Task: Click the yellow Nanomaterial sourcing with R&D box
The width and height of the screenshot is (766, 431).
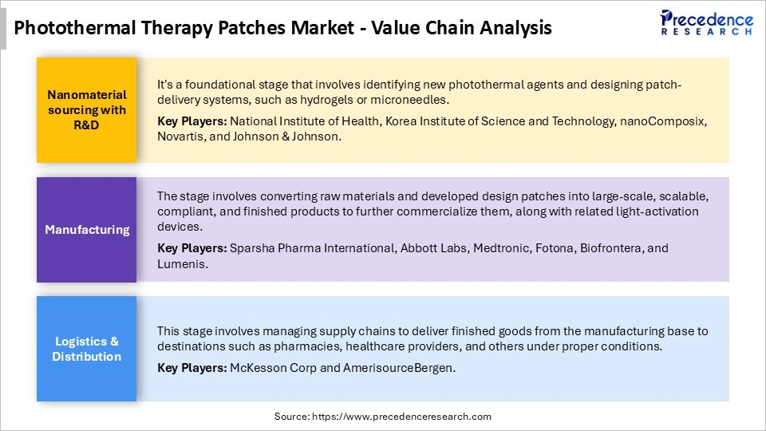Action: (x=86, y=110)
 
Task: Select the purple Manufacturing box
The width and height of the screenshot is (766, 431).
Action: (x=86, y=230)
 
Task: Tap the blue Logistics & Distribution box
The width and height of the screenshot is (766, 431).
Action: (x=86, y=349)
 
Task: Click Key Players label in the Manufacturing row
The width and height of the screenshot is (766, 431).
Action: (x=192, y=248)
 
